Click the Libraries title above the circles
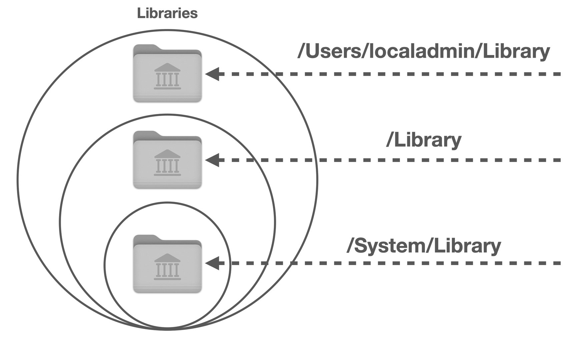[x=167, y=14]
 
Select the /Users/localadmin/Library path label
[x=424, y=52]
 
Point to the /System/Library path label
[x=424, y=246]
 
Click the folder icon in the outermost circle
[x=167, y=73]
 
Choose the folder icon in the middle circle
[x=167, y=160]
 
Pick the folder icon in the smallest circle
[x=167, y=264]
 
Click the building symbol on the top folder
[x=167, y=76]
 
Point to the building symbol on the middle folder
[x=167, y=163]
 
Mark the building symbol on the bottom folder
[x=167, y=267]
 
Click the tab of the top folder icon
[x=146, y=48]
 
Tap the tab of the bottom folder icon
[x=146, y=238]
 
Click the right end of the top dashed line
[x=561, y=74]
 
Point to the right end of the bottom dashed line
[x=561, y=263]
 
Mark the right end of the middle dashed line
[x=561, y=160]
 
